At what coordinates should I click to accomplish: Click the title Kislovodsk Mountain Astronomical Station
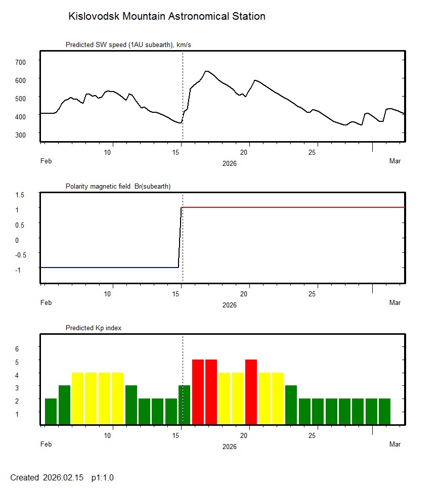[166, 16]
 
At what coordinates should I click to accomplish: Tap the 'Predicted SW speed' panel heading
[128, 45]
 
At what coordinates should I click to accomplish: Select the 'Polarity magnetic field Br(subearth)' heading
[118, 187]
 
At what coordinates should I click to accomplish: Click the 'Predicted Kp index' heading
[94, 328]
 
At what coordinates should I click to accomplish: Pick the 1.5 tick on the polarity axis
[20, 195]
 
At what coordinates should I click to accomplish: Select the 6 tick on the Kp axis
[16, 349]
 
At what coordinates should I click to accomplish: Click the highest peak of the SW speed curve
[206, 71]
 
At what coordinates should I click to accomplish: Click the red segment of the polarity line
[293, 207]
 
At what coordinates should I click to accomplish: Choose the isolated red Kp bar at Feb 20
[251, 392]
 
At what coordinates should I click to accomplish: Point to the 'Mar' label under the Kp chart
[395, 445]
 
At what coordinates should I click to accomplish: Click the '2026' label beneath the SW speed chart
[229, 163]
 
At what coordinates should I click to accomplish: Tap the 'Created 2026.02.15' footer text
[47, 477]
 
